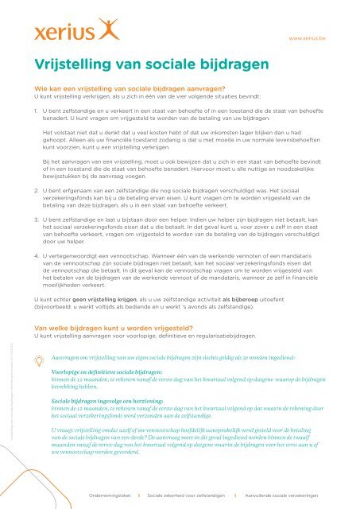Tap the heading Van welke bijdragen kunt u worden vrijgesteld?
click(x=126, y=326)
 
